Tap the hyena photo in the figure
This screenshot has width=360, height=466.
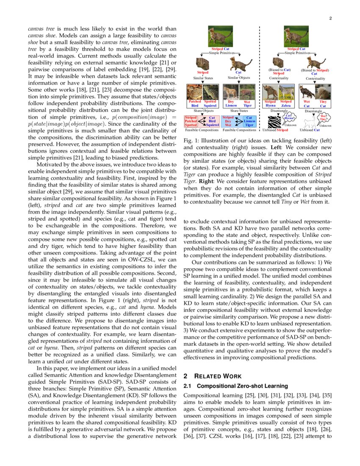click(x=270, y=92)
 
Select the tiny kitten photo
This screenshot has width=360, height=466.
click(x=323, y=92)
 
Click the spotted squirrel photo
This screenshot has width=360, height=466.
click(x=210, y=92)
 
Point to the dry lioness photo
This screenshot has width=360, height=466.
click(x=231, y=92)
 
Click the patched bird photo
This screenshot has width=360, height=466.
click(x=195, y=92)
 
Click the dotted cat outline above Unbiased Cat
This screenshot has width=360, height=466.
click(x=311, y=122)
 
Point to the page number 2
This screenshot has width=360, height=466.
click(x=330, y=19)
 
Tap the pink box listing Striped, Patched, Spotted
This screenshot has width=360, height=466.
click(x=191, y=121)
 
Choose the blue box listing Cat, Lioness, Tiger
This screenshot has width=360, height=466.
click(x=249, y=121)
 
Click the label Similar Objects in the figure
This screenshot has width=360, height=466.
click(x=239, y=78)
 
